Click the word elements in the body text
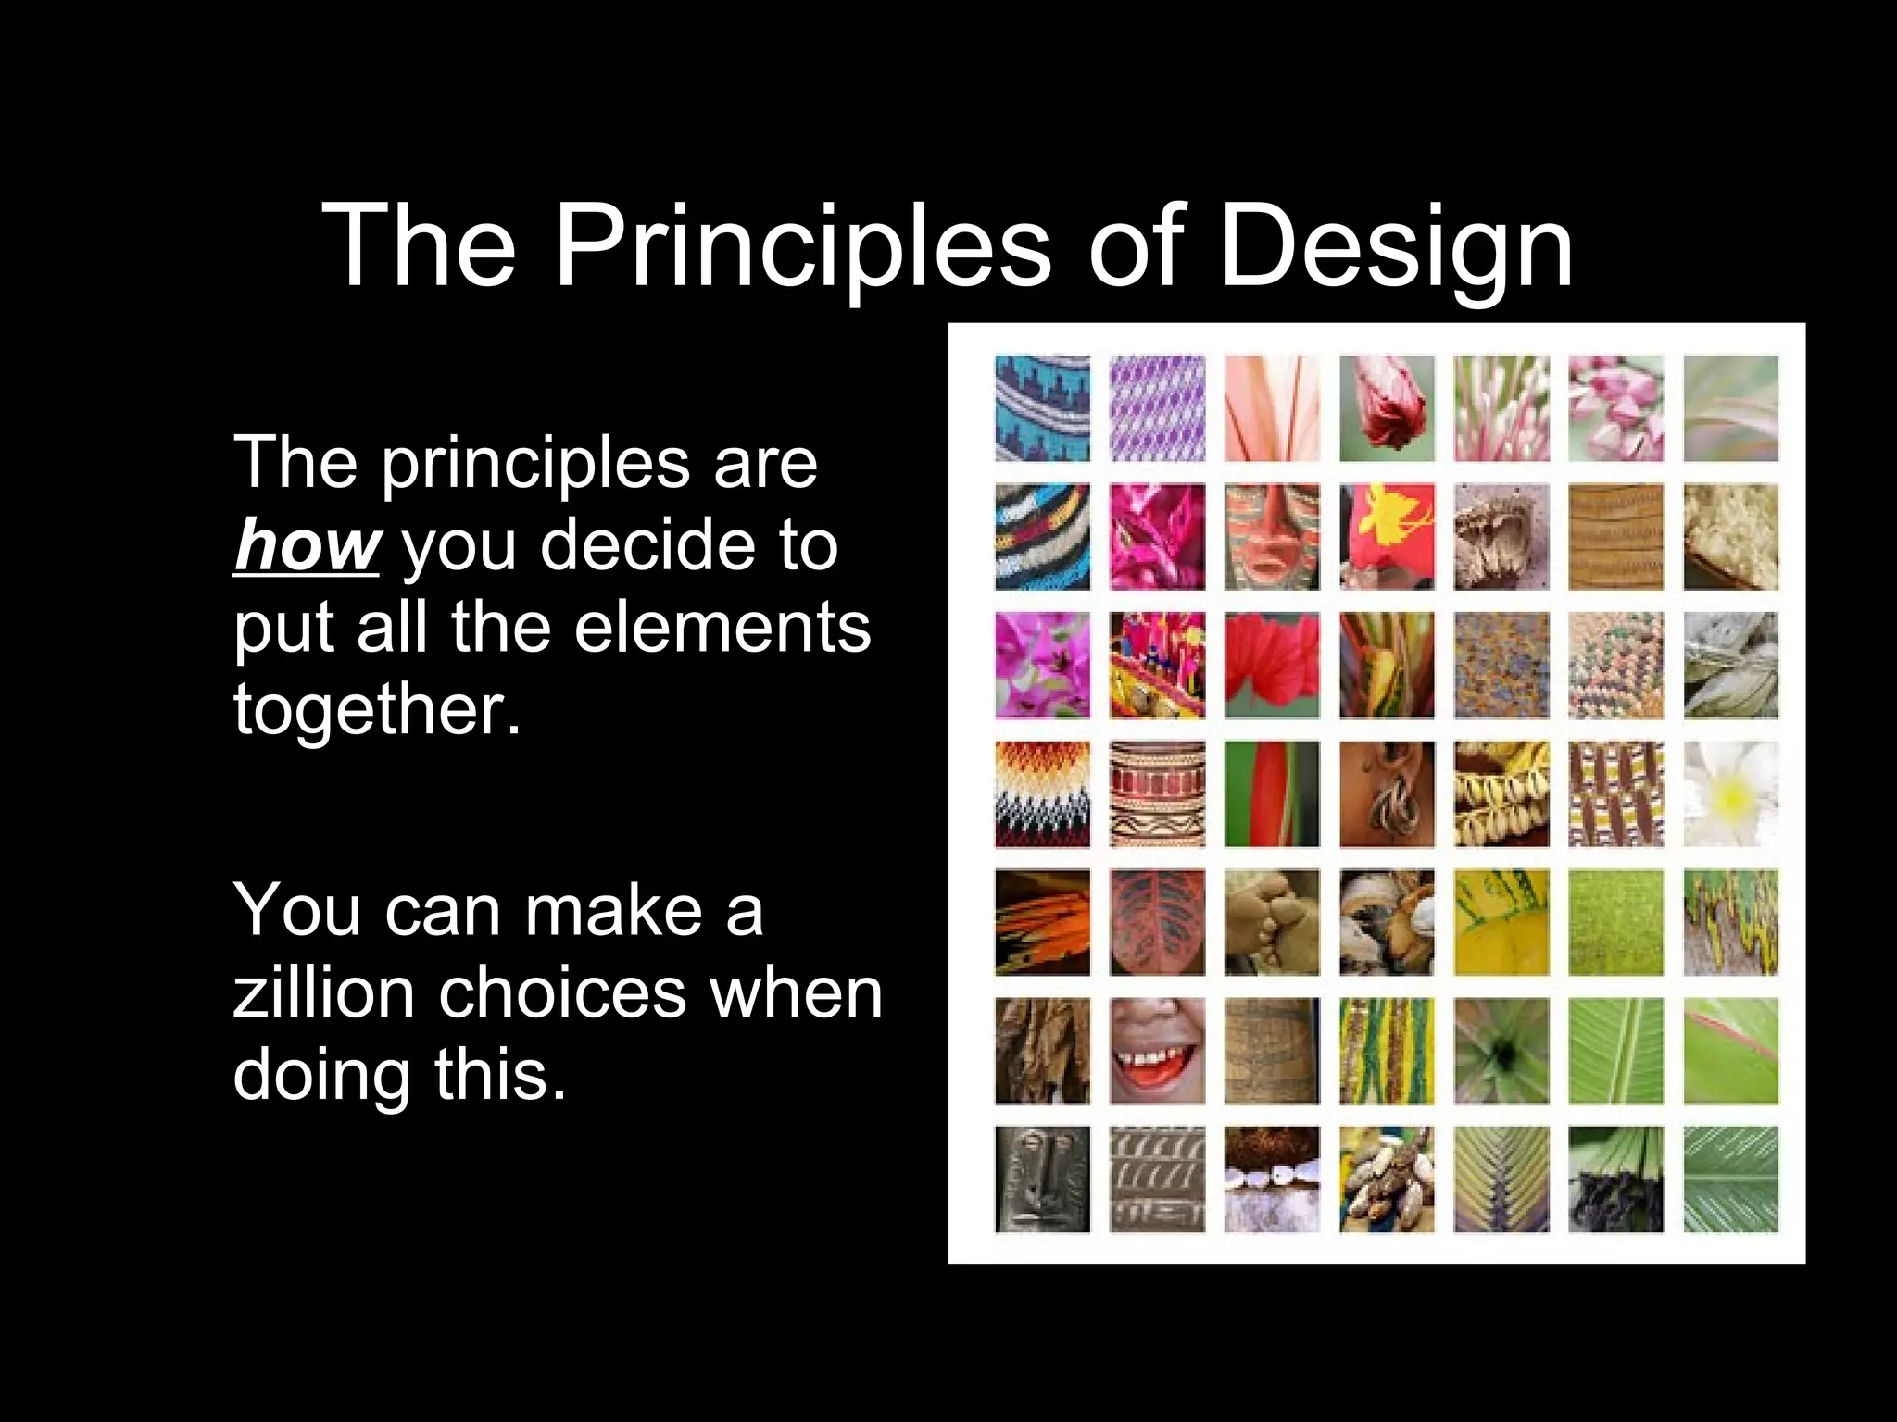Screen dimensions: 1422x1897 722,627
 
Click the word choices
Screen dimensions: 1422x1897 561,992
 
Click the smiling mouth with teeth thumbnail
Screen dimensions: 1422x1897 1157,1051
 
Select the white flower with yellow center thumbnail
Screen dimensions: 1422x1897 1730,793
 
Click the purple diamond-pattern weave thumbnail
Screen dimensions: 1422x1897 1157,408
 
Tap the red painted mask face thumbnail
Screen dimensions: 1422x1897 1272,537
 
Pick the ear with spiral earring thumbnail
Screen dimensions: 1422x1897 1387,793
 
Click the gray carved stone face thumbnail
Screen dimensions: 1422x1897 1042,1179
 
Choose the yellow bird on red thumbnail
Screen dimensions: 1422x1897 1387,537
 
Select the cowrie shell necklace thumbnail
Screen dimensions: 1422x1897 1501,793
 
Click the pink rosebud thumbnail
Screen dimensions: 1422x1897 1387,408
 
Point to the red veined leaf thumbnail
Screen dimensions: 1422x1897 1157,922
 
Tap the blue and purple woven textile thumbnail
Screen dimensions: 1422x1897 1042,408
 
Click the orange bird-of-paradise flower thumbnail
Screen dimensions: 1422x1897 1042,922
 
